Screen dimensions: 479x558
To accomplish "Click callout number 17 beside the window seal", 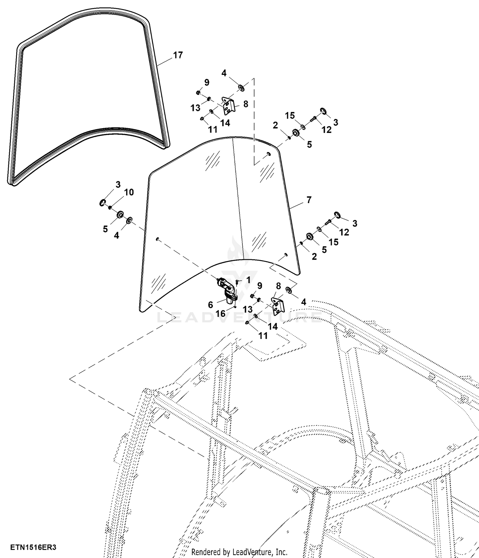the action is pos(178,55).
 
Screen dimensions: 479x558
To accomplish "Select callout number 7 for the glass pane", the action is pos(309,200).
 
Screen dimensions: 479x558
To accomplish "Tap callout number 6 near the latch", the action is pos(210,305).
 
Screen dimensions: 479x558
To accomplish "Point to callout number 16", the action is pos(220,313).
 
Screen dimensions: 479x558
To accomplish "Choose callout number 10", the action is pos(129,192).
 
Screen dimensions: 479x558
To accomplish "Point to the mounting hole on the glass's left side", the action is pos(157,239).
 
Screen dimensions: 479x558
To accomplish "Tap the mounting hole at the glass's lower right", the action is pos(286,254).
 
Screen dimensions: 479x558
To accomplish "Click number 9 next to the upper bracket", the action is pos(207,82).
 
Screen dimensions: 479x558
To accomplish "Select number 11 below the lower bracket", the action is pos(263,335).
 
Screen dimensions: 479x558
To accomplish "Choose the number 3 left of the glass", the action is pos(118,184).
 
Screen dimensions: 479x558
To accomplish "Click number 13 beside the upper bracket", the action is pos(195,108).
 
